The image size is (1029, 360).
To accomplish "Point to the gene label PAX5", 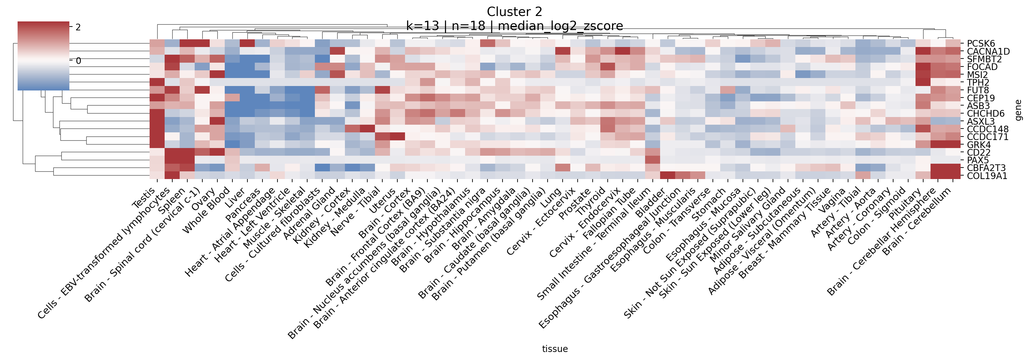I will [978, 160].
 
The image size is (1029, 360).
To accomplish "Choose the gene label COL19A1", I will [987, 176].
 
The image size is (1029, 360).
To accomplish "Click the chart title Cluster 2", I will [515, 12].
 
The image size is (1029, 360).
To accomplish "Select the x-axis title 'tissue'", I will [554, 349].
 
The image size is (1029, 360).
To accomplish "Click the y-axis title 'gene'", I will [1019, 110].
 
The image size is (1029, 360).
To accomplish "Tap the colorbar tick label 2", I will [78, 27].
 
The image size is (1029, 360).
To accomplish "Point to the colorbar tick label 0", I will [78, 61].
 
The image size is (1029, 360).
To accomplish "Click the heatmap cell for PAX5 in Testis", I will [157, 160].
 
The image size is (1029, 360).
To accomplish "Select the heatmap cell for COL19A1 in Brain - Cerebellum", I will [953, 176].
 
